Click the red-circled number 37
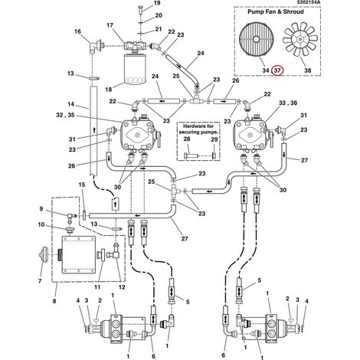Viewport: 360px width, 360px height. (x=277, y=70)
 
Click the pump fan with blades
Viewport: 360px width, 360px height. (x=300, y=39)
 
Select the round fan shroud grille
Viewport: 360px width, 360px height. (x=256, y=40)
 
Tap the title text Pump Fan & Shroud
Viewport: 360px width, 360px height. (x=276, y=11)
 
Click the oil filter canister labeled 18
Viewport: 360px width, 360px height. (x=135, y=68)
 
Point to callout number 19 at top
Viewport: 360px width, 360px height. (x=157, y=3)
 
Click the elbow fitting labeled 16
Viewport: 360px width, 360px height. (x=95, y=47)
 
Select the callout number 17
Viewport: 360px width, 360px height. (x=110, y=25)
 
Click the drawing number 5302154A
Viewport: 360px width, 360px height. (x=308, y=2)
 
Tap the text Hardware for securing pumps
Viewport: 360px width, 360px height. (x=198, y=129)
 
